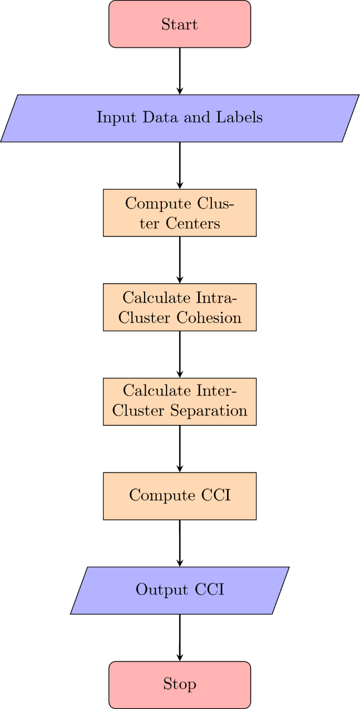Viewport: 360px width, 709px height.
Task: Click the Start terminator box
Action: click(x=180, y=24)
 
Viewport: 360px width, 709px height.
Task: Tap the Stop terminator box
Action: click(x=180, y=685)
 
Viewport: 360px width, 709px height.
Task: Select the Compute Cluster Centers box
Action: click(x=180, y=213)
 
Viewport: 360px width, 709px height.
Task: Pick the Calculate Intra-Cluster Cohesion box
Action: click(x=180, y=307)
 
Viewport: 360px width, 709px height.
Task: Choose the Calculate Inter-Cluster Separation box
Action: click(x=180, y=402)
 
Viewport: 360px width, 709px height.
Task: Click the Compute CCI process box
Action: click(x=180, y=496)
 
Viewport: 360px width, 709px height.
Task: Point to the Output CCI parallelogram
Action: click(x=180, y=590)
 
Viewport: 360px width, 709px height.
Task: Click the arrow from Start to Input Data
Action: click(x=180, y=71)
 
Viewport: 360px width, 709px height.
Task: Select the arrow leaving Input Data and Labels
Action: click(x=180, y=165)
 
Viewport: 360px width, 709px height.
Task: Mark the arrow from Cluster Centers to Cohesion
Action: click(x=180, y=260)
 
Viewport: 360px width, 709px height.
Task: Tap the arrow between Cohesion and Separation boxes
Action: click(x=180, y=354)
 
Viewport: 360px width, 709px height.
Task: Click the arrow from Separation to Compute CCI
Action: click(x=180, y=449)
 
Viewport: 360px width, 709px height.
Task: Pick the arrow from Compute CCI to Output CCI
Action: click(x=180, y=543)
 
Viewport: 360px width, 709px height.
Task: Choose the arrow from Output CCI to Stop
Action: click(x=180, y=638)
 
